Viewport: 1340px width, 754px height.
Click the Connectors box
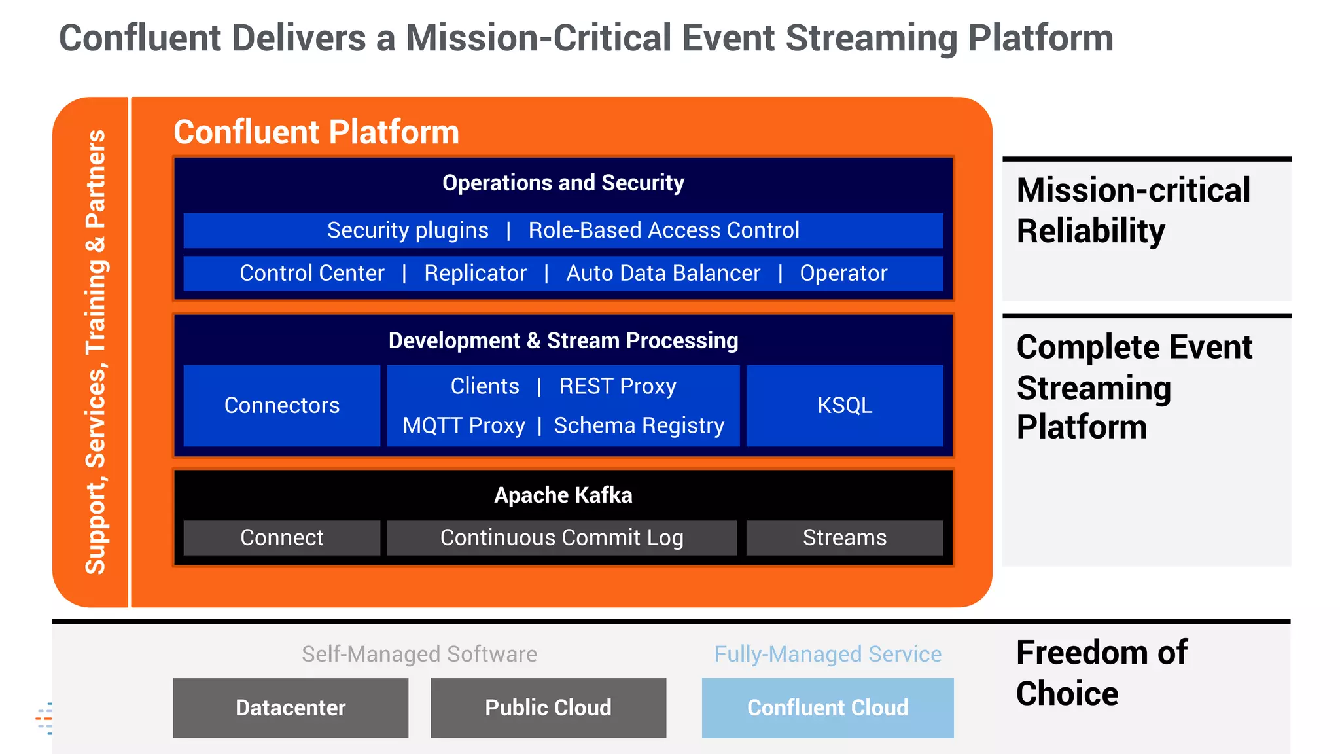pyautogui.click(x=282, y=406)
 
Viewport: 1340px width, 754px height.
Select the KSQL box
pyautogui.click(x=844, y=406)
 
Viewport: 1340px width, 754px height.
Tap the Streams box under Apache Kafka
pyautogui.click(x=844, y=538)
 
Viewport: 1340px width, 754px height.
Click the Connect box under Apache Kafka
pyautogui.click(x=282, y=538)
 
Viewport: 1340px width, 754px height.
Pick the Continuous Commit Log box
pyautogui.click(x=561, y=538)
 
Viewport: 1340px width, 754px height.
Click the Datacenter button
pyautogui.click(x=291, y=708)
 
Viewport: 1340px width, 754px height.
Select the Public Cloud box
pyautogui.click(x=548, y=708)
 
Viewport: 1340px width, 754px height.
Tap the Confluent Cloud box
pyautogui.click(x=828, y=708)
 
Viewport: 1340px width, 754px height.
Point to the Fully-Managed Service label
pyautogui.click(x=828, y=654)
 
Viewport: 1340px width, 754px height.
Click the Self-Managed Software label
pyautogui.click(x=419, y=654)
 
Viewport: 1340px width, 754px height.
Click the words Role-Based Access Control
pyautogui.click(x=663, y=230)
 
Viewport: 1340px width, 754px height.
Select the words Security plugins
pyautogui.click(x=408, y=230)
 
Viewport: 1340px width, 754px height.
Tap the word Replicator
pyautogui.click(x=475, y=273)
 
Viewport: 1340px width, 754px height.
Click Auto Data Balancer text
pyautogui.click(x=663, y=273)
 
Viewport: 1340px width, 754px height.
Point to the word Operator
pyautogui.click(x=843, y=273)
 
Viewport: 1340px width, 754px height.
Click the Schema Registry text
pyautogui.click(x=639, y=425)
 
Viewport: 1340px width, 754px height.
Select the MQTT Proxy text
pyautogui.click(x=464, y=425)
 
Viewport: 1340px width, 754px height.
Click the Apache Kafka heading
pyautogui.click(x=563, y=495)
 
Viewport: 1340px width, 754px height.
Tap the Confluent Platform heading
pyautogui.click(x=316, y=132)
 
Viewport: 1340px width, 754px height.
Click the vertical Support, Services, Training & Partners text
pyautogui.click(x=96, y=352)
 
